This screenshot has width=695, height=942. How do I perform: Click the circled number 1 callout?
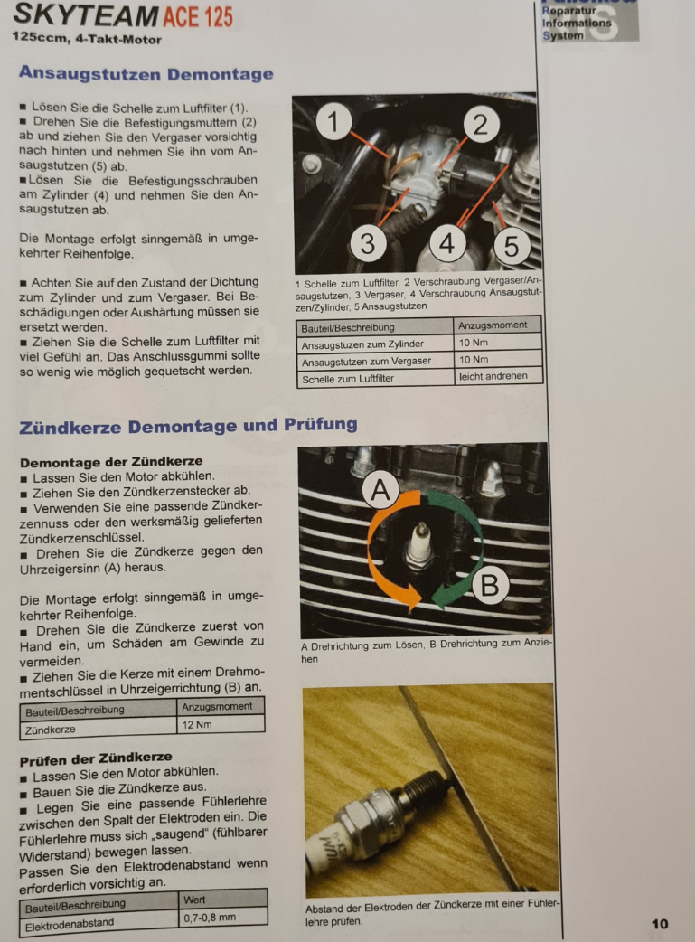(333, 121)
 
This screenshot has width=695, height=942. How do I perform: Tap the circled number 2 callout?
(481, 125)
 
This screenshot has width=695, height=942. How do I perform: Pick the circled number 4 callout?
(447, 243)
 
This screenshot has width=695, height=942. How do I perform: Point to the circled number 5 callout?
(512, 246)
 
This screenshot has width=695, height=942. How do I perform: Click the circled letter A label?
(380, 490)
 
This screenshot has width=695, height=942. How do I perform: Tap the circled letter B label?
(490, 585)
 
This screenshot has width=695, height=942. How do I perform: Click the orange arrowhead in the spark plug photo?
(412, 596)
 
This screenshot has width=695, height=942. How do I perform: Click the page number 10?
(659, 925)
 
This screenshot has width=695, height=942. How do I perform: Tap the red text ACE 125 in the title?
(198, 16)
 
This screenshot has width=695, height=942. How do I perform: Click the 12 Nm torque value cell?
(221, 724)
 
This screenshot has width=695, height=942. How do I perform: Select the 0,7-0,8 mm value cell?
(223, 918)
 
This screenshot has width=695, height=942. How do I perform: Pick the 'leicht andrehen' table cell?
(497, 376)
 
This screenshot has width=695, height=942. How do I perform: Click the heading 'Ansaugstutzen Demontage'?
(146, 74)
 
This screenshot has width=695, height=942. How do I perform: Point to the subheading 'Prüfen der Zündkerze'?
(96, 758)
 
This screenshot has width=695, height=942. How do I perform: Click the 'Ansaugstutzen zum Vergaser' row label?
(366, 361)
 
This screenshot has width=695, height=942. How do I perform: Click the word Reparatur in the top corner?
(568, 11)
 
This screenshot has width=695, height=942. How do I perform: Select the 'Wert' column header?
(194, 900)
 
